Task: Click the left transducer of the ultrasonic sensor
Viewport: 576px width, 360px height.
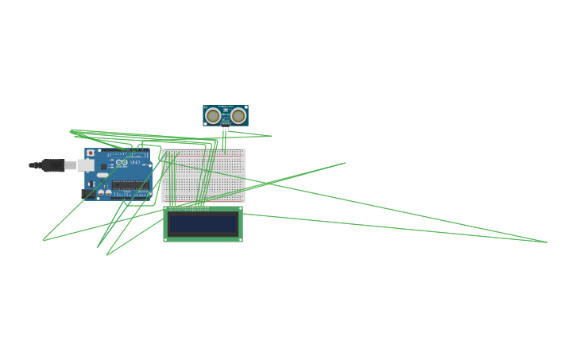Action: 213,116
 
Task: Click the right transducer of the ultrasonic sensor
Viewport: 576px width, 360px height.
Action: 238,116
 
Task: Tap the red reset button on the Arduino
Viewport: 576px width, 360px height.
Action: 91,153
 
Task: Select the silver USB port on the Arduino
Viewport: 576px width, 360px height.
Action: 85,165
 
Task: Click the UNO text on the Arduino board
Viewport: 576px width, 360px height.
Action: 136,163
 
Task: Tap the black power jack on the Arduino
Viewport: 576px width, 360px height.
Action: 87,193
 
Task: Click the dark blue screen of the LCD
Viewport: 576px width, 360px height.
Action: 203,224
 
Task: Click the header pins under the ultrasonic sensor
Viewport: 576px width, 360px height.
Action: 226,129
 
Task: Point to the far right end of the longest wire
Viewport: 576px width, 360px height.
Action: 547,242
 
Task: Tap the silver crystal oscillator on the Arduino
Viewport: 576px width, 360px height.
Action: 102,175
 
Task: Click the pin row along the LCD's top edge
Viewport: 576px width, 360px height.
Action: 189,208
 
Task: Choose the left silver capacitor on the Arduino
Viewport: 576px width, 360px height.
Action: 101,192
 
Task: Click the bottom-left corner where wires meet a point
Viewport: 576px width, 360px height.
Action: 43,240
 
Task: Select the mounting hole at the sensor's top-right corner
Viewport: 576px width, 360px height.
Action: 245,107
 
